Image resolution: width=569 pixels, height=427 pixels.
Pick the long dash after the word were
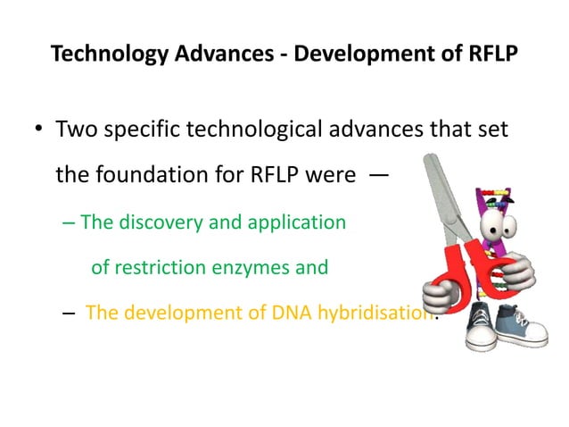pos(378,175)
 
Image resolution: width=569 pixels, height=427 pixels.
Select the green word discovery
pos(157,221)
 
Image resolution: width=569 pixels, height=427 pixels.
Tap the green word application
pos(294,221)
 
